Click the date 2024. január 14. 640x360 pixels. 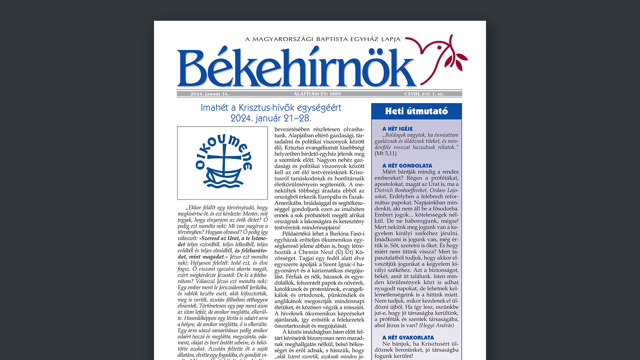209,94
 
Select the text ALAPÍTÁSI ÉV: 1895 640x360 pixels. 317,94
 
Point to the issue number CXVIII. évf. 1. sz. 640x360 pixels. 424,94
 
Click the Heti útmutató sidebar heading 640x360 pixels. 416,111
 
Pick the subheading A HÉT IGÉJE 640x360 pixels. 397,129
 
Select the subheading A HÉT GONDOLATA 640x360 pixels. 407,166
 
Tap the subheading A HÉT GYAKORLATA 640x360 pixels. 408,338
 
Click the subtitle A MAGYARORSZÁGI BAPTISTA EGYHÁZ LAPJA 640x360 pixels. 323,39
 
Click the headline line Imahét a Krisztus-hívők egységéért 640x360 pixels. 271,108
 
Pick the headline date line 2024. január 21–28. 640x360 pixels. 271,118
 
